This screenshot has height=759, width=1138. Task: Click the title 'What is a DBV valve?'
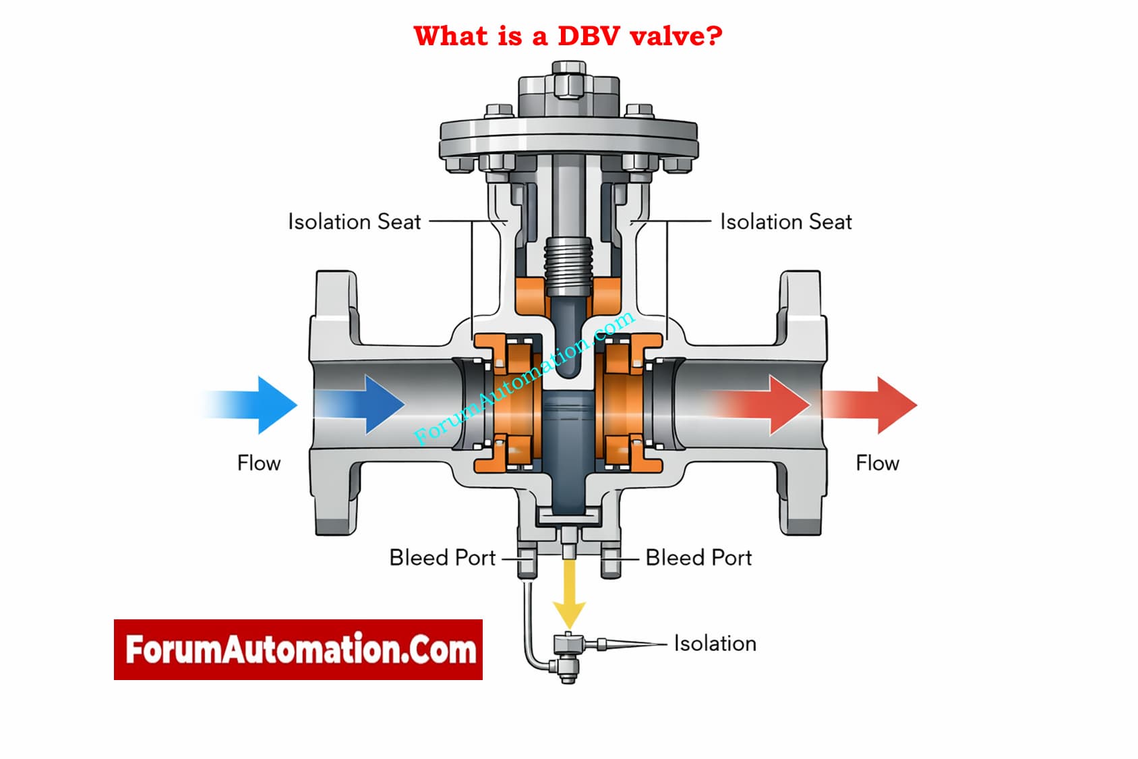pos(568,36)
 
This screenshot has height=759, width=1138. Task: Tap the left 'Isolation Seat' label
pos(354,222)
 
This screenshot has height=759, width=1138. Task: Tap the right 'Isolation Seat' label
pos(785,222)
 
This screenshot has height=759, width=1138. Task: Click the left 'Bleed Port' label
pos(442,558)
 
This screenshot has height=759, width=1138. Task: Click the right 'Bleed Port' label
pos(698,558)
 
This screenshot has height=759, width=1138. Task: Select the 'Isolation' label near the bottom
pos(715,644)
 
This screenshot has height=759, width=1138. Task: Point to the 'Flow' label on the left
pos(258,463)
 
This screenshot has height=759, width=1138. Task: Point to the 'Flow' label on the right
pos(877,463)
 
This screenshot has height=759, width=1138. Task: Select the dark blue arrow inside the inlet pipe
pos(367,405)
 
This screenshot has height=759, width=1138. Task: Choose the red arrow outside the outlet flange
pos(876,405)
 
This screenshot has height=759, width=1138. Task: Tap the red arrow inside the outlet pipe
pos(769,405)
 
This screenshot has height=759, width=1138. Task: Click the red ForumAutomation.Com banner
pos(298,650)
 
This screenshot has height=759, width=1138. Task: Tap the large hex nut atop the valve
pos(568,84)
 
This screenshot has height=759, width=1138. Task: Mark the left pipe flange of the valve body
pos(335,403)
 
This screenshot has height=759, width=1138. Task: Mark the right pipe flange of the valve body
pos(801,403)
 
